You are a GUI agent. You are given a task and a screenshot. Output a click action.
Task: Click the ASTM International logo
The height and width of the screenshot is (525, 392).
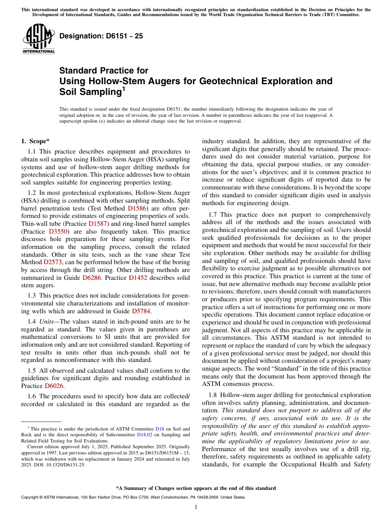[x=38, y=40]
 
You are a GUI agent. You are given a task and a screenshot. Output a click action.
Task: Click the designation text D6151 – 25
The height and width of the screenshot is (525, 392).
[x=101, y=36]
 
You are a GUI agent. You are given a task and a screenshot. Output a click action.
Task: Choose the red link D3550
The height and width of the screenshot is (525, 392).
[x=58, y=232]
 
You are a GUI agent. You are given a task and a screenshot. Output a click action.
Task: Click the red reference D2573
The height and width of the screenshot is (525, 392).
[x=54, y=262]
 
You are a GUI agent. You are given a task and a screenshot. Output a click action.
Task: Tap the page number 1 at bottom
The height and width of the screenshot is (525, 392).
[x=196, y=507]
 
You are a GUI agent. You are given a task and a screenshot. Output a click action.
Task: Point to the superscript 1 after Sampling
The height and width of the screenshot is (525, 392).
[x=123, y=88]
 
